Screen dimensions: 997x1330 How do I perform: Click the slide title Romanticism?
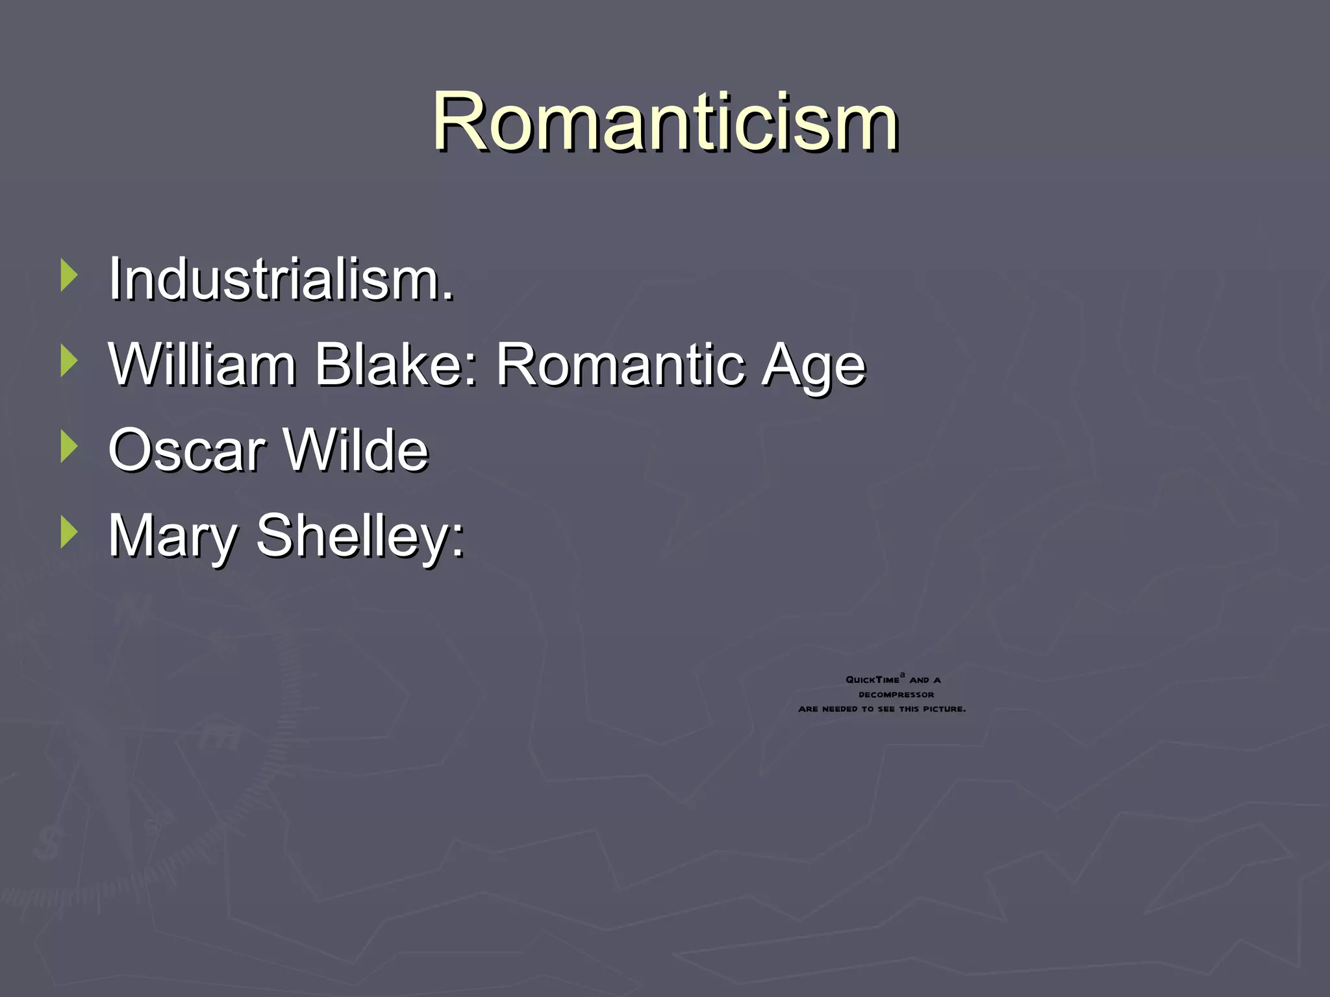(x=665, y=122)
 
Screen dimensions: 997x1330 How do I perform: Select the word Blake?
(x=396, y=365)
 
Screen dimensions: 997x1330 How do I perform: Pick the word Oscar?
(x=187, y=450)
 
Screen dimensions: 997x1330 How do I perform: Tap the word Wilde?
(x=357, y=450)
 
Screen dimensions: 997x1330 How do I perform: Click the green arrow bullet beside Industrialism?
(x=68, y=275)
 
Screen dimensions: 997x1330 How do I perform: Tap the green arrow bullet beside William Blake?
(x=68, y=361)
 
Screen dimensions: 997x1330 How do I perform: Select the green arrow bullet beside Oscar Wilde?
(x=68, y=447)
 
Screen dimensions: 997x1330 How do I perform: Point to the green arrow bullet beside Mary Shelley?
(x=68, y=532)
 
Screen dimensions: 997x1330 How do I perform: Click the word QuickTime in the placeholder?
(x=872, y=680)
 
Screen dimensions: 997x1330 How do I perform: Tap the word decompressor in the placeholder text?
(x=896, y=695)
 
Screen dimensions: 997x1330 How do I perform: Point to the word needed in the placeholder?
(x=840, y=709)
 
